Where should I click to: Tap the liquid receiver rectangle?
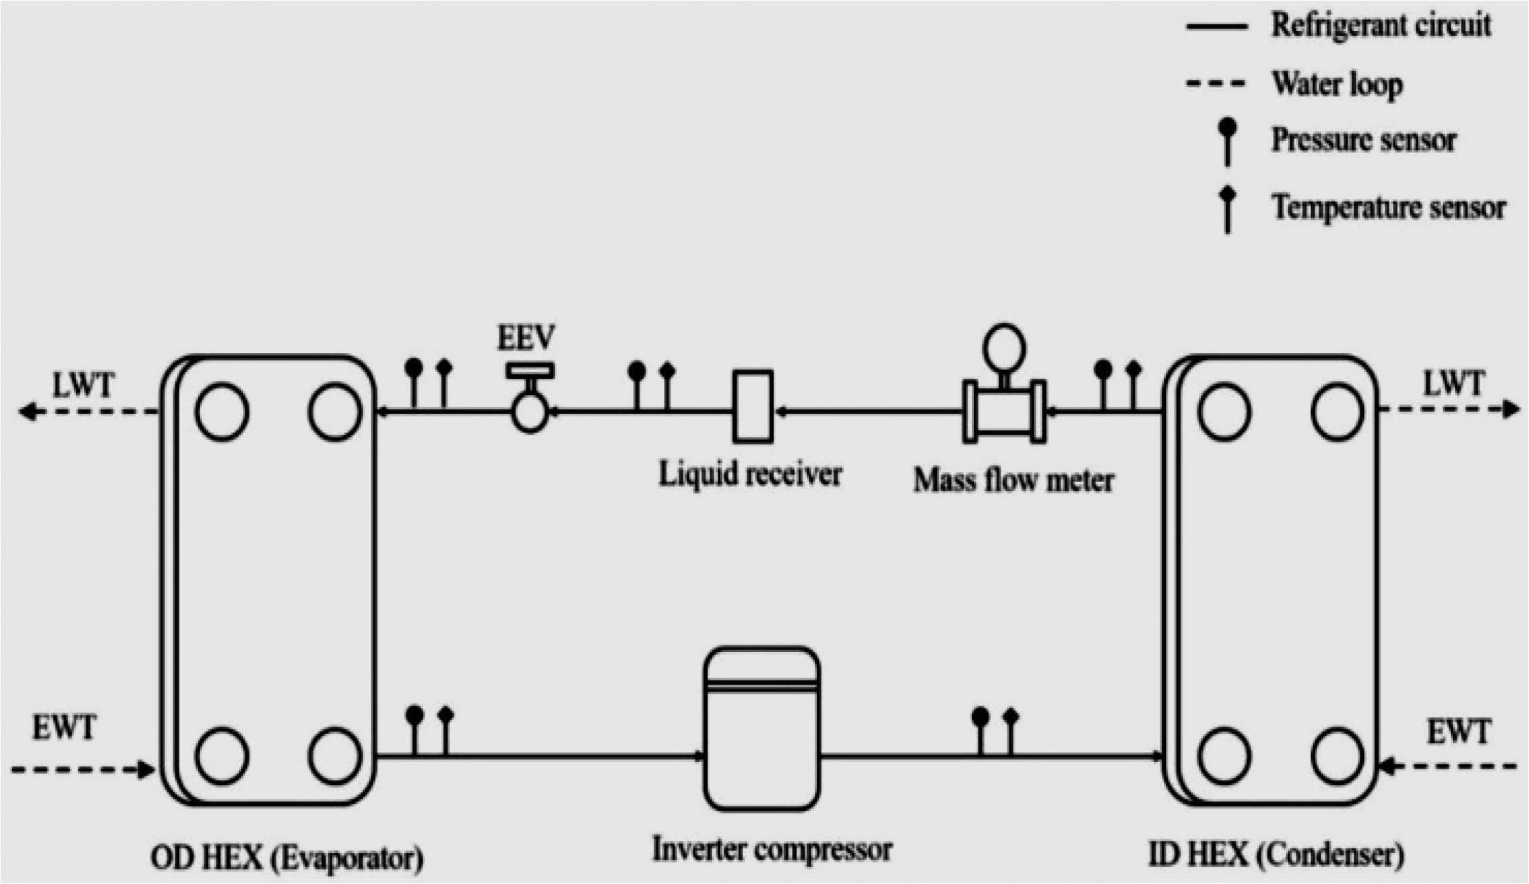point(753,406)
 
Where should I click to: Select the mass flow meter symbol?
point(1004,411)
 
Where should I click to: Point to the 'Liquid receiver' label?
point(750,474)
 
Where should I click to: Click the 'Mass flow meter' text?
point(1013,481)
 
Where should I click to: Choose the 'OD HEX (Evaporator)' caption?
point(287,858)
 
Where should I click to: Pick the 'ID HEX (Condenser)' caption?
point(1276,854)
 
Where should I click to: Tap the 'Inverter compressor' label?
point(772,849)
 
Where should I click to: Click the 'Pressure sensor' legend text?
point(1363,140)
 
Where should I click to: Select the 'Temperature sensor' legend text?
point(1388,207)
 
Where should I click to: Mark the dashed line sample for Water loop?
point(1216,84)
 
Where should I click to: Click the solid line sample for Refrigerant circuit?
point(1216,26)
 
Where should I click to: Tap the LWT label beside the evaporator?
point(83,386)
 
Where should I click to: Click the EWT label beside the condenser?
point(1458,732)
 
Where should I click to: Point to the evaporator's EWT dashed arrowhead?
point(145,769)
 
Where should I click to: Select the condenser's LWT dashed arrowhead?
point(1511,409)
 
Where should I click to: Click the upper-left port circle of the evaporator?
point(222,411)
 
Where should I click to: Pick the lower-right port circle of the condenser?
point(1337,755)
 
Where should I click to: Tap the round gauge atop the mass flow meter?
point(1004,348)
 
